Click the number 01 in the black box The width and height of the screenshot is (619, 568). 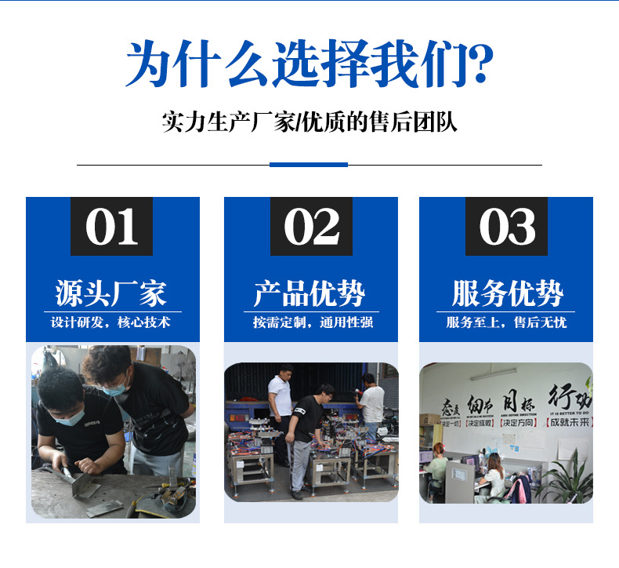point(112,227)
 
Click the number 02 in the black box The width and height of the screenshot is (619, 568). point(310,227)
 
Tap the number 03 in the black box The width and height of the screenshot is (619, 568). point(506,227)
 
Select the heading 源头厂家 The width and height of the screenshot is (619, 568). point(111,293)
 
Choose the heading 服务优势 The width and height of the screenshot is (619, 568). point(507,293)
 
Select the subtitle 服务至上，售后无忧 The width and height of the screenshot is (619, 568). point(506,322)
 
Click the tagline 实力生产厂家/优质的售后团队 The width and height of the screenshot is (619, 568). point(309,123)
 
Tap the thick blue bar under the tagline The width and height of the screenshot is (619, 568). point(308,165)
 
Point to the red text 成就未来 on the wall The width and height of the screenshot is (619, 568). point(570,422)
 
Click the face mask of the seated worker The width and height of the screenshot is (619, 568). point(71,417)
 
